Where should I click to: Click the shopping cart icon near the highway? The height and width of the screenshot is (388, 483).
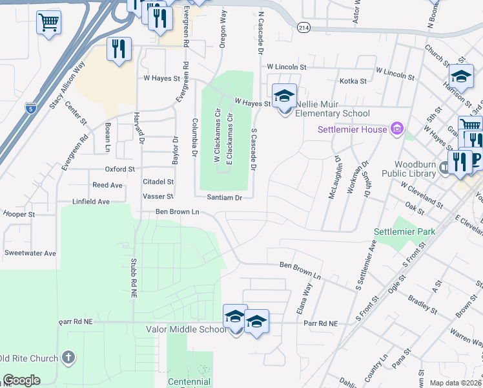coord(48,23)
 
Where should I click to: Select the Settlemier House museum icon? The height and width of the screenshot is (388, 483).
coord(396,129)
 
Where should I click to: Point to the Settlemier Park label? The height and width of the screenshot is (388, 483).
coord(405,232)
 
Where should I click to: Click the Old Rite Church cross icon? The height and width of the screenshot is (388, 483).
coord(69,358)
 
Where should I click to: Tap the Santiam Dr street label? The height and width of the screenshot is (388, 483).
coord(224,197)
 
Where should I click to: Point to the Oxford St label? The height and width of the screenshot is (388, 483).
coord(120,169)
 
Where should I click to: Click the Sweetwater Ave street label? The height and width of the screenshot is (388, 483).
coord(30,253)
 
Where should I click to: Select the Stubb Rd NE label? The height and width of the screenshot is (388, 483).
coord(134,277)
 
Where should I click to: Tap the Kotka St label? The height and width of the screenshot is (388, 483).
coord(353,81)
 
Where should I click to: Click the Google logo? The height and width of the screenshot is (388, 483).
coord(21,380)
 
